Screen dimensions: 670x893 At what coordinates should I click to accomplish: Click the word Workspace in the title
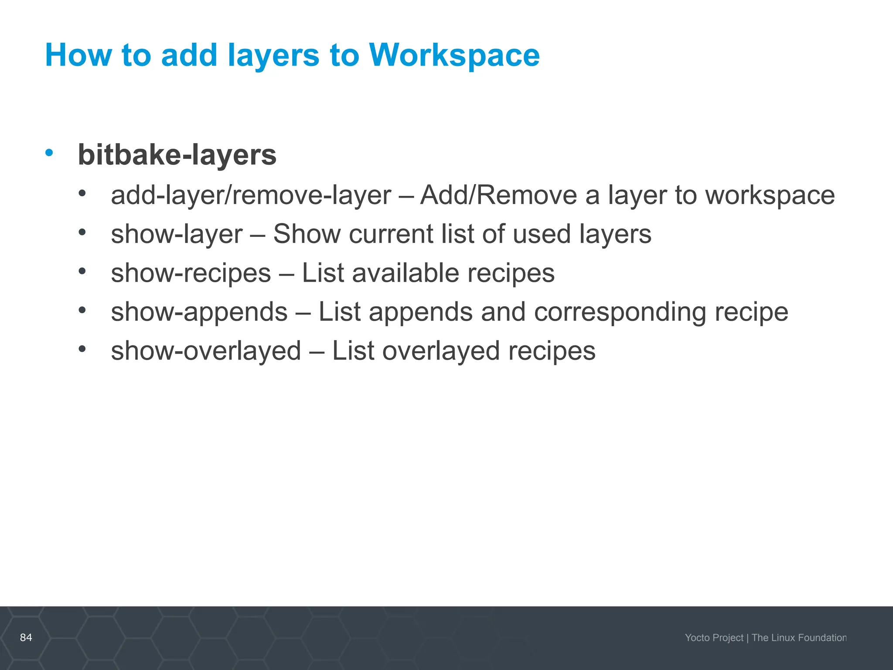454,55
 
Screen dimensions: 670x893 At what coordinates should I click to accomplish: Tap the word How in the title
78,55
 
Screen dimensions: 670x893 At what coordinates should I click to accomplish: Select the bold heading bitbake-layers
177,155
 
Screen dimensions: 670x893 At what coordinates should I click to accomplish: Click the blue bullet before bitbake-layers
49,153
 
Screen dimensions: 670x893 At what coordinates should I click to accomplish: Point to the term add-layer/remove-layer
251,195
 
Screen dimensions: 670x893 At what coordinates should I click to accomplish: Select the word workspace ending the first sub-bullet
770,196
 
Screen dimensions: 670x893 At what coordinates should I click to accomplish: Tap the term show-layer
177,234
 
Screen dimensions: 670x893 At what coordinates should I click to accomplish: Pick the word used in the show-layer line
542,234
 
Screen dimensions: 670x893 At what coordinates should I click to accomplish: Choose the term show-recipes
191,273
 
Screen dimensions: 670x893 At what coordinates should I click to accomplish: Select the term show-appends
199,312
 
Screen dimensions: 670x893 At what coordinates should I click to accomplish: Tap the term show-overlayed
206,351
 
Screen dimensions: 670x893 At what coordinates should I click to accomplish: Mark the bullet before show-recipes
82,271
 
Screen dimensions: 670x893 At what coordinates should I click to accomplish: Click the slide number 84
26,637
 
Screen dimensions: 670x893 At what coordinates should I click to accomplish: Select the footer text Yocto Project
714,638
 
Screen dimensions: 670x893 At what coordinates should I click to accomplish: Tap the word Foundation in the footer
822,638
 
